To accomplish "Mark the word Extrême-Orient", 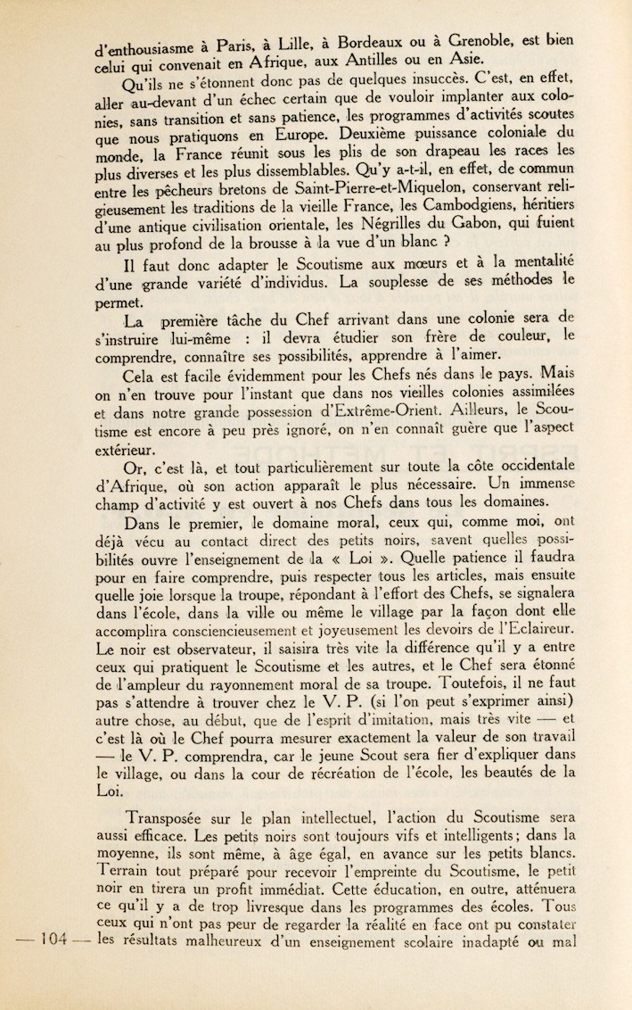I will tap(380, 412).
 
